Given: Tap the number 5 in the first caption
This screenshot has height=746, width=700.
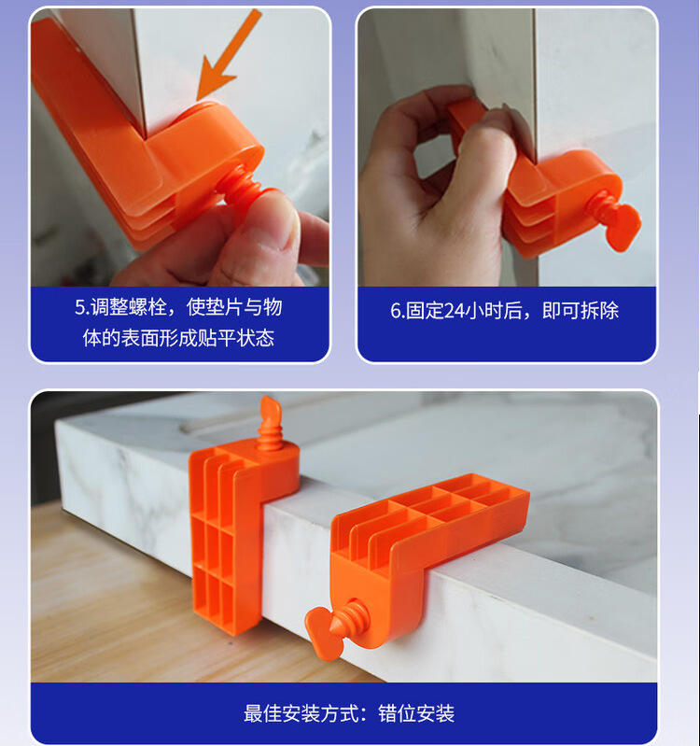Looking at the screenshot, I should (80, 308).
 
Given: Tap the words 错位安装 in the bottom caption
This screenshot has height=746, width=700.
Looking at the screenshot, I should (416, 713).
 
